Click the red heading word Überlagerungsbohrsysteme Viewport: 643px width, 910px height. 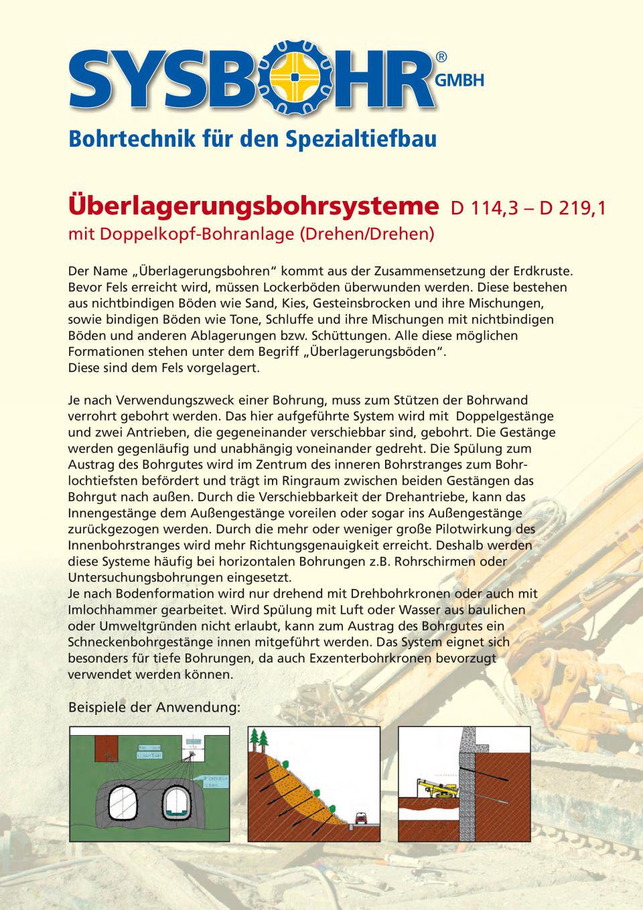pos(249,206)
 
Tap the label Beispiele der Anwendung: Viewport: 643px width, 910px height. pos(154,707)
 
